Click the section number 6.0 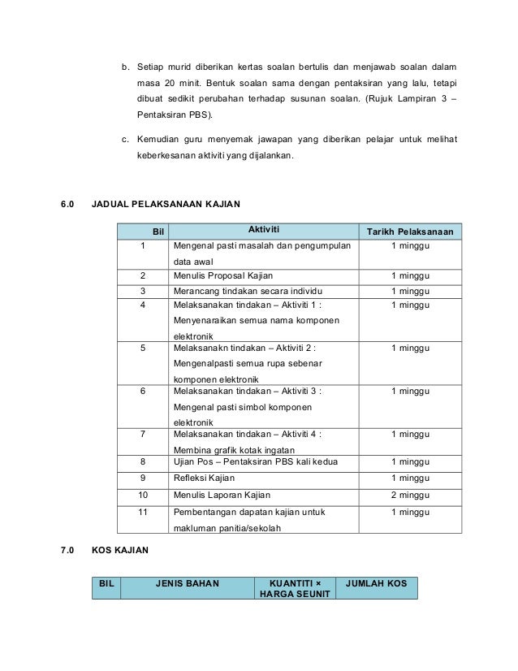68,203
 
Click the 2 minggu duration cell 410,494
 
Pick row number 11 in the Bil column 143,512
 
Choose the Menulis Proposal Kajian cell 217,276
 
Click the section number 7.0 68,552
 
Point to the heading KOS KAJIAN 120,552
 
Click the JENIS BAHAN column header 187,583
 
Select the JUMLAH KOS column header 376,583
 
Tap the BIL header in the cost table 106,583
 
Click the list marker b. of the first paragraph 125,65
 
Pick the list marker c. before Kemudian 125,139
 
